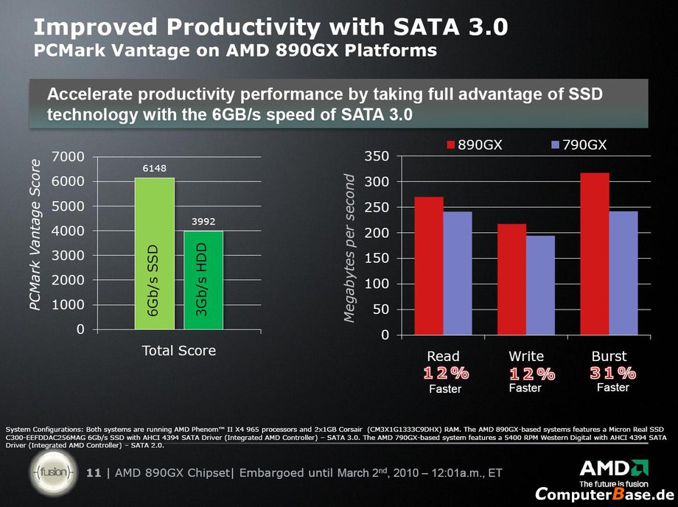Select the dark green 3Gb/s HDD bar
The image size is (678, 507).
(203, 280)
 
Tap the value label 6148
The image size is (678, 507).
(154, 169)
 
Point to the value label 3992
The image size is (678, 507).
(203, 220)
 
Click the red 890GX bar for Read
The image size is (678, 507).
(429, 265)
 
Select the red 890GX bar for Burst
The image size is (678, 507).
(595, 253)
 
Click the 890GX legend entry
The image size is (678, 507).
(474, 145)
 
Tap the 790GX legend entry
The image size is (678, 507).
(579, 145)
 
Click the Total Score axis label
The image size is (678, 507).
(179, 351)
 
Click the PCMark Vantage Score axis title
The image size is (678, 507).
(34, 243)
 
